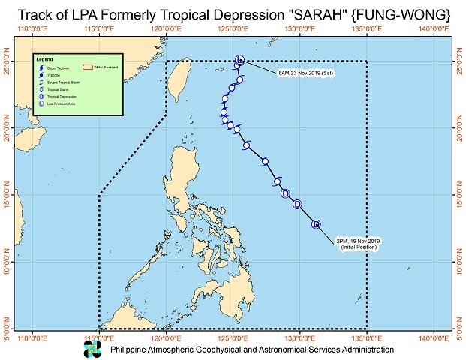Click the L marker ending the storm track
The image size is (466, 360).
pos(239,60)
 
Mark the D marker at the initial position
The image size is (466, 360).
pos(316,223)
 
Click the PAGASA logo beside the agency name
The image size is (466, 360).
pos(92,349)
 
